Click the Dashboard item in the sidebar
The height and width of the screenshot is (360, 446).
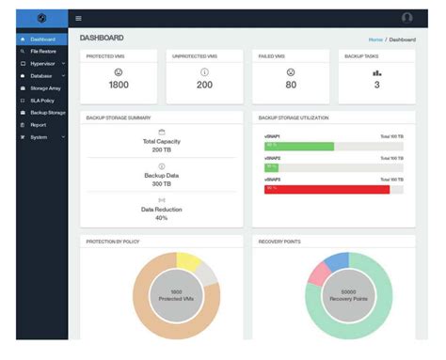[x=42, y=39]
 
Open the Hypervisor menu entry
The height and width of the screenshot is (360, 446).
[x=42, y=63]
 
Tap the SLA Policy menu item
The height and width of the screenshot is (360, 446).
[x=43, y=100]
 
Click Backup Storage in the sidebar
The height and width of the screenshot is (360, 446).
[x=47, y=112]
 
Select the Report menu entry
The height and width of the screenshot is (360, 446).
[x=38, y=124]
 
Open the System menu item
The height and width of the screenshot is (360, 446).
[x=39, y=136]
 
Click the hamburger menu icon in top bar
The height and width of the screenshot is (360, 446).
[x=79, y=18]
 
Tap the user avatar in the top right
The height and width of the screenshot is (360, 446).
[x=406, y=18]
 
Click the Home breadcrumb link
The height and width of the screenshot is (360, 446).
[x=375, y=39]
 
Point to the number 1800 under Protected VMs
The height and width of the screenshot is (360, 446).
[x=119, y=86]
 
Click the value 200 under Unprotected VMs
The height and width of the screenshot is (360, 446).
[x=205, y=86]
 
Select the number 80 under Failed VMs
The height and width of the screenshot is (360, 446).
[x=291, y=86]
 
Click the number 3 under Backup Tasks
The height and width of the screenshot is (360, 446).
[x=377, y=86]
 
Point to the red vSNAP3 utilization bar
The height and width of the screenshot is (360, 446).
[x=327, y=189]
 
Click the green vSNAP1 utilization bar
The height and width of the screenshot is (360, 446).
[x=299, y=146]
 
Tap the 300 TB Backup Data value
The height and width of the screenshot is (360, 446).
[x=162, y=182]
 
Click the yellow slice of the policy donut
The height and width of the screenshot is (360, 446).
[x=187, y=262]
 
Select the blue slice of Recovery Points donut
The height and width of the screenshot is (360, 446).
[x=337, y=261]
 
